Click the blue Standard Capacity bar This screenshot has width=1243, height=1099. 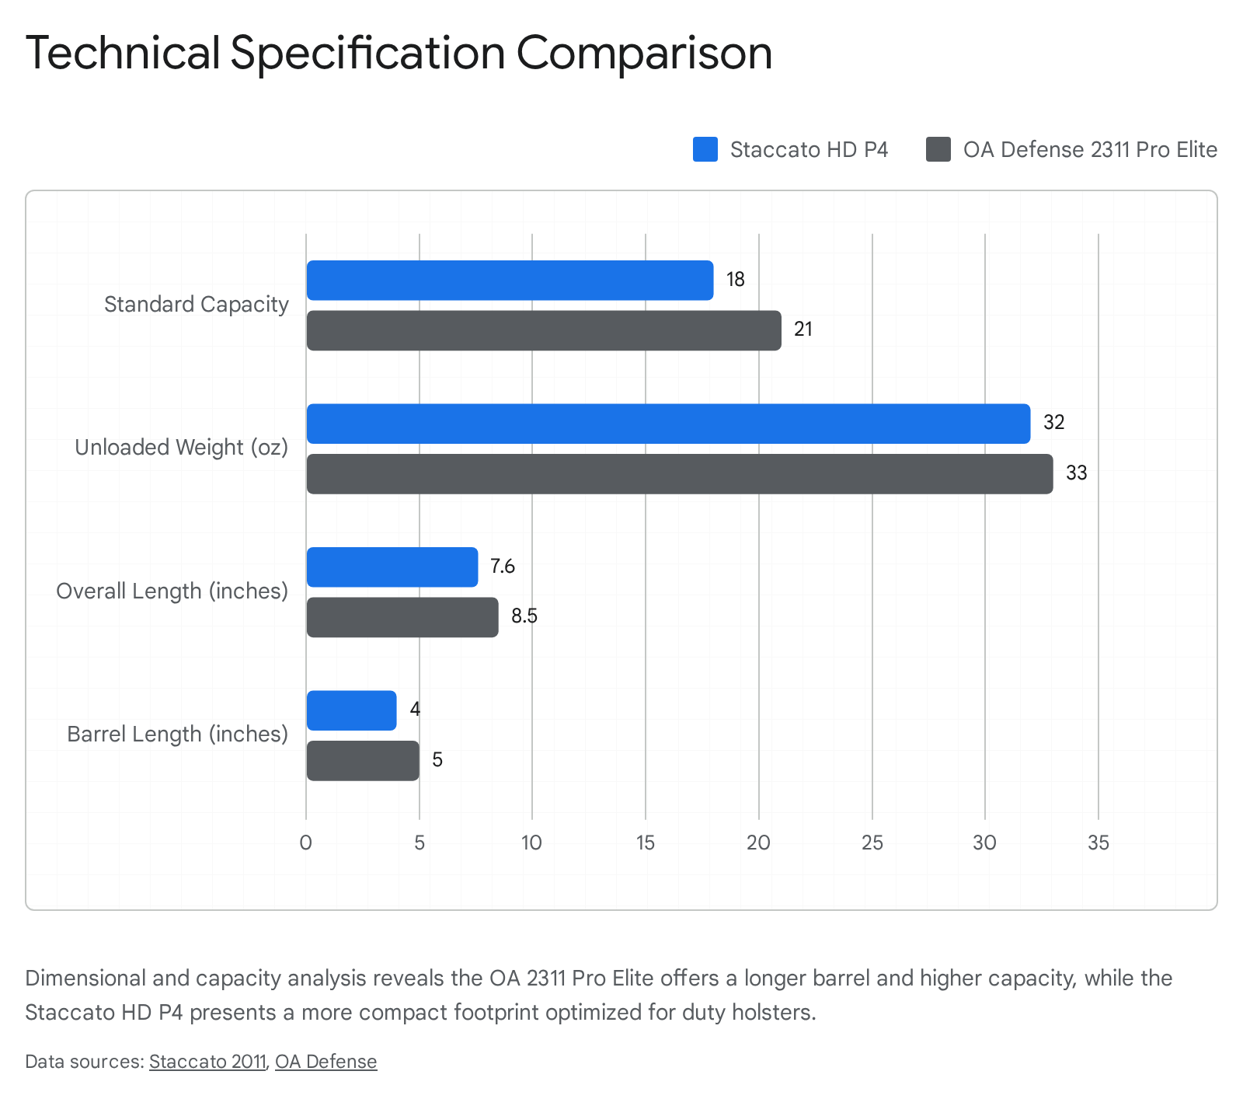click(510, 281)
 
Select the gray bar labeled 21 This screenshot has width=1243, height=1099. click(544, 330)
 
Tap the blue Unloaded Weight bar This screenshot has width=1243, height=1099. click(668, 424)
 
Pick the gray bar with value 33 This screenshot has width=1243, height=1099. click(680, 474)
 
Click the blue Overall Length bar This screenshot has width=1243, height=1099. click(392, 567)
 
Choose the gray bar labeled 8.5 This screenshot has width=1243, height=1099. click(402, 617)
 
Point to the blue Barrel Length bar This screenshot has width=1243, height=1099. click(351, 710)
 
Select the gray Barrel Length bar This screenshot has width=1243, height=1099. click(363, 761)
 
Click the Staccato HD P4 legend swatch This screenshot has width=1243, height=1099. click(705, 149)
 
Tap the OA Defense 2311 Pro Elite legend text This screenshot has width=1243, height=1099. click(1090, 149)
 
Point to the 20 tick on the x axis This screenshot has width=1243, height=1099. click(758, 843)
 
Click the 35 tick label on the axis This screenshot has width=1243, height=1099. click(1099, 843)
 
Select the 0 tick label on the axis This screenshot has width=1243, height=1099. click(306, 843)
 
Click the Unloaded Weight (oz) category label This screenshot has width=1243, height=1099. click(181, 448)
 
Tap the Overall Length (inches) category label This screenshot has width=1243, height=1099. click(172, 591)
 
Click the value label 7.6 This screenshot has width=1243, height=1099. click(503, 567)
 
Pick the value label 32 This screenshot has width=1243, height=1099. click(1053, 423)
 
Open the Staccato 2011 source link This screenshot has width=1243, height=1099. click(207, 1062)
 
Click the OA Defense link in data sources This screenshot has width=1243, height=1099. click(326, 1062)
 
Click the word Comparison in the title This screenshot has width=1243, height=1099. click(644, 53)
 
